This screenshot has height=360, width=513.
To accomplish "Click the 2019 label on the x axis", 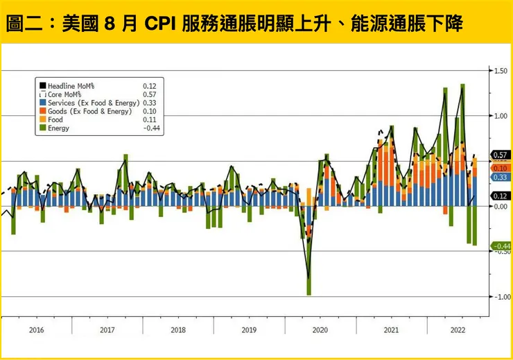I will point(249,330).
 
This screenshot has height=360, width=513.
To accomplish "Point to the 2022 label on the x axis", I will point(459,330).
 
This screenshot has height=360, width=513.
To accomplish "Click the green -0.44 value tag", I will point(501,246).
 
